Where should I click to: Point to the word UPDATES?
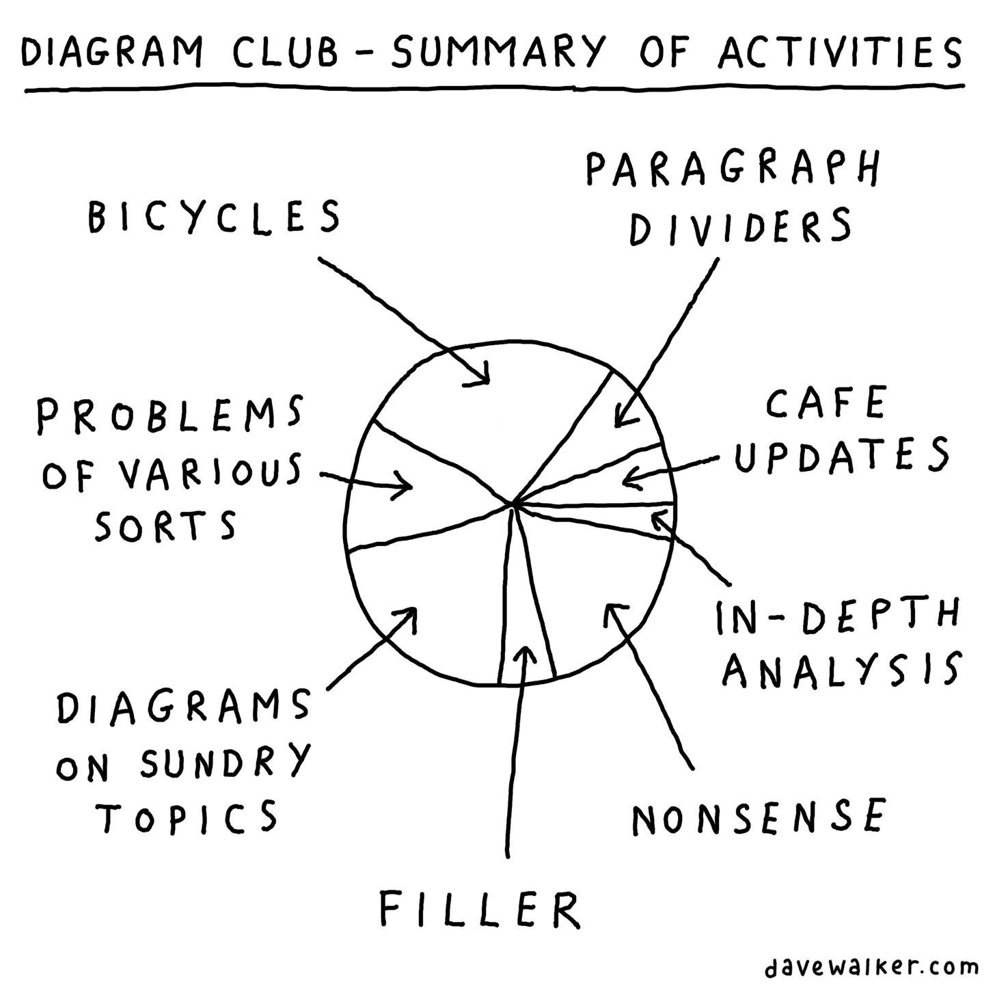pyautogui.click(x=842, y=454)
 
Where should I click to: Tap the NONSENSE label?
pyautogui.click(x=759, y=817)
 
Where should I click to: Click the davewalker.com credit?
pyautogui.click(x=871, y=967)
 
